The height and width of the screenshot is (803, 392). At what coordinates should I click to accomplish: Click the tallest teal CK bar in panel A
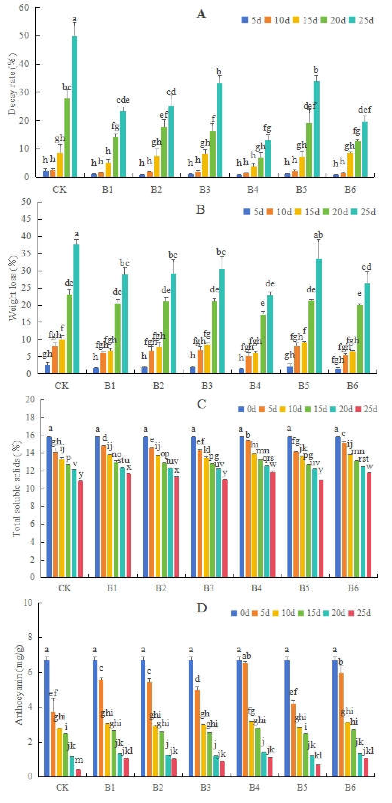pos(75,106)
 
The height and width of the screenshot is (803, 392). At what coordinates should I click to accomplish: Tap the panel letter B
pos(200,209)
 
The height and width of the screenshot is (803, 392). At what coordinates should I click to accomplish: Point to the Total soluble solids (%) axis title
pos(16,489)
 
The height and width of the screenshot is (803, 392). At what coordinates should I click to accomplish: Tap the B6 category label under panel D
pos(350,787)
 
